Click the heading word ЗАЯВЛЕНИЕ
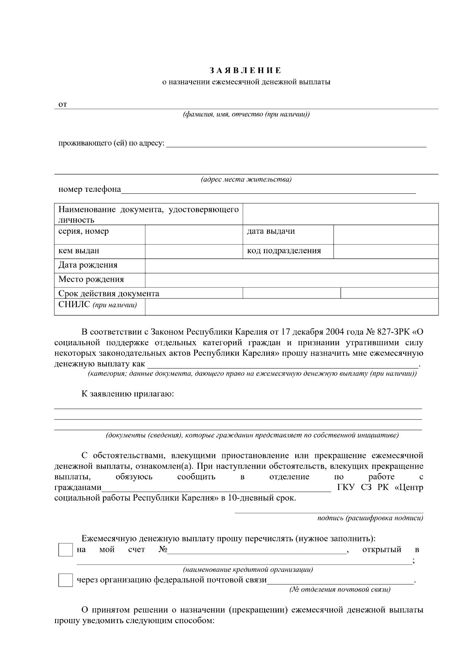tap(245, 70)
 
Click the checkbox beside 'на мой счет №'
tap(65, 550)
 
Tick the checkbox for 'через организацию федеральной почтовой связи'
tap(65, 580)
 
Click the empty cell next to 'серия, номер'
tap(194, 234)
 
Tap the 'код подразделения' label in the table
tap(283, 251)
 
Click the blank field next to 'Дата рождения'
tap(291, 266)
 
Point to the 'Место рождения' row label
tap(91, 279)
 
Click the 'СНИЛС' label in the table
tap(74, 305)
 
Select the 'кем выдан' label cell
tap(79, 251)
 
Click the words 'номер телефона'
tap(90, 189)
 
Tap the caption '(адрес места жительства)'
tap(246, 180)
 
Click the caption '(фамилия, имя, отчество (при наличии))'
tap(246, 114)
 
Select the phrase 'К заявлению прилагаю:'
tap(128, 394)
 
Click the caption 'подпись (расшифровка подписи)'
tap(370, 518)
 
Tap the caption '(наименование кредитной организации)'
tap(248, 569)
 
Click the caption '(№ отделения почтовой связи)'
tap(340, 589)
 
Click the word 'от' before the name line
tap(63, 104)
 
